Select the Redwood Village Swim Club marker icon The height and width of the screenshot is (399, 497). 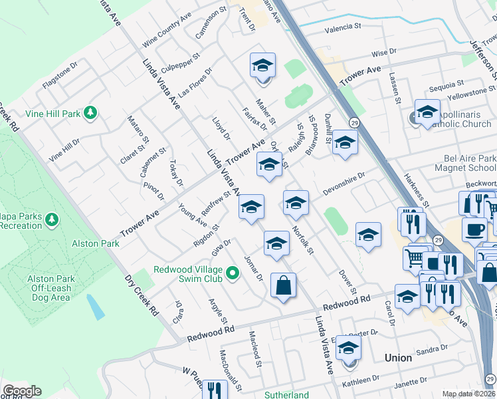click(233, 273)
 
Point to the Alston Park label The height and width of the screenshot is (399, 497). click(97, 243)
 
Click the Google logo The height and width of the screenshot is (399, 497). click(22, 391)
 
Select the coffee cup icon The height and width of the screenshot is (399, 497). click(474, 229)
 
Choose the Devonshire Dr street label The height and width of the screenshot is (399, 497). click(344, 184)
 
